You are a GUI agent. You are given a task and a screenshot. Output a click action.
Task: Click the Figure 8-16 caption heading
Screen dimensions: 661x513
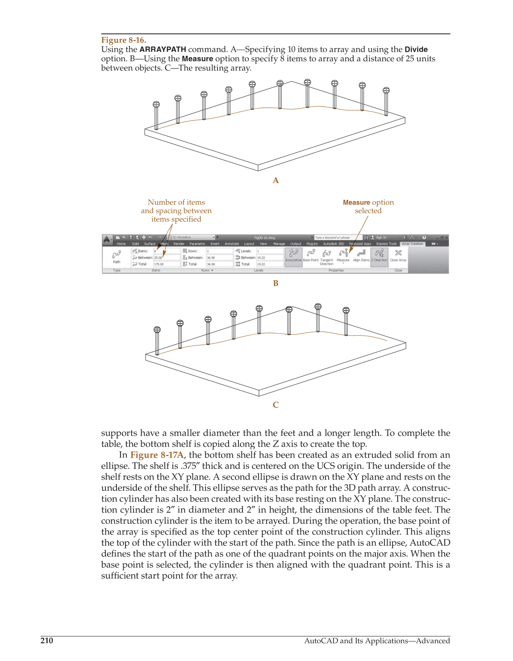tap(123, 40)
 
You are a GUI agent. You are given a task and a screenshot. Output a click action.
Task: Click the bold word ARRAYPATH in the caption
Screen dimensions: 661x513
tap(163, 50)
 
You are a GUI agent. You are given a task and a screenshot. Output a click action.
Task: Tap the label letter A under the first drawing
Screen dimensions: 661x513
tap(275, 181)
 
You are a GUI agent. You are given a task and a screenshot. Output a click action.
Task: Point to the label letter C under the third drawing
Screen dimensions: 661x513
tap(275, 405)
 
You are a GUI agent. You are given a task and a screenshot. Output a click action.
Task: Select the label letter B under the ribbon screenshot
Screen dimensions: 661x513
tap(275, 283)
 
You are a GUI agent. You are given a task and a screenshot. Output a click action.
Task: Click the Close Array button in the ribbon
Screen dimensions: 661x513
tap(398, 256)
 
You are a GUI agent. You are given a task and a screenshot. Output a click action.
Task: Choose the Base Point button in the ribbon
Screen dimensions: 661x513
tap(311, 256)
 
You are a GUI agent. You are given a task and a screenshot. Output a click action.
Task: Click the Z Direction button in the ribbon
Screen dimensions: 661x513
tap(379, 256)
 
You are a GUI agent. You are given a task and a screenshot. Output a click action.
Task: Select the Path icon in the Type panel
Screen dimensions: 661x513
tap(117, 256)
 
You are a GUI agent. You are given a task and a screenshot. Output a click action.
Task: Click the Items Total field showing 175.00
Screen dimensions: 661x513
tap(166, 264)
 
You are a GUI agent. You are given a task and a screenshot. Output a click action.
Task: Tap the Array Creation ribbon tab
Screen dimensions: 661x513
tap(412, 244)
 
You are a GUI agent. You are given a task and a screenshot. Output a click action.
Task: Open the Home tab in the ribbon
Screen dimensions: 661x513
tap(121, 244)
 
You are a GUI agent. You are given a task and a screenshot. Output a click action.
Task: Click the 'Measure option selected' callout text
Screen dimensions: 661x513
tap(368, 206)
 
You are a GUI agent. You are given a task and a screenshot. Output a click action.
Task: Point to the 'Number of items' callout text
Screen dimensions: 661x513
tap(176, 202)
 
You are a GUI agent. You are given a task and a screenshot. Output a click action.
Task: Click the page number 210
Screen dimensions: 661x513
tap(46, 640)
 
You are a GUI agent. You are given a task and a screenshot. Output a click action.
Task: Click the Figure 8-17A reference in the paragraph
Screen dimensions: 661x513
tap(157, 455)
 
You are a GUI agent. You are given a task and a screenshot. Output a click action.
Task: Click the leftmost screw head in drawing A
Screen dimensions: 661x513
tap(156, 105)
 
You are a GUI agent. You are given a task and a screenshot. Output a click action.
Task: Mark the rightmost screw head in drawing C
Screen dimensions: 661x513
tap(346, 310)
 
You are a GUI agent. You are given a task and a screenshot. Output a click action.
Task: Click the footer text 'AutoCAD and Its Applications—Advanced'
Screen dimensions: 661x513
tap(377, 640)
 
